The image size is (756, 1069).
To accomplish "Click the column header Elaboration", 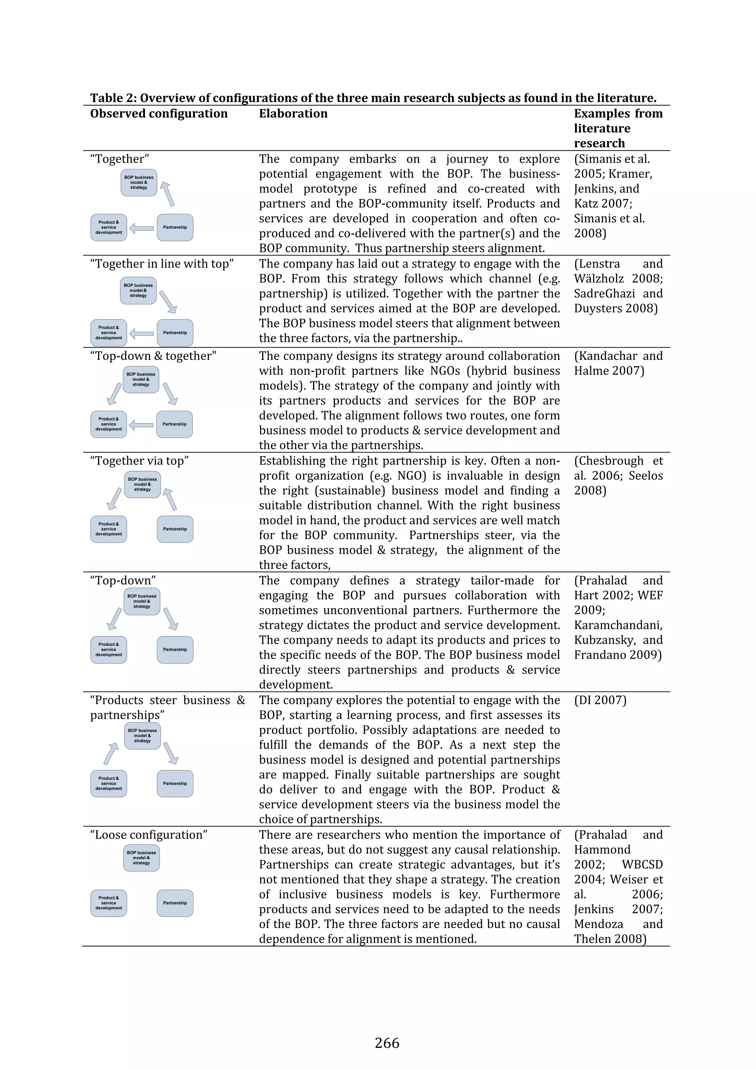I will pyautogui.click(x=293, y=114).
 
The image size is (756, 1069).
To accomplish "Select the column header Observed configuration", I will pyautogui.click(x=159, y=114).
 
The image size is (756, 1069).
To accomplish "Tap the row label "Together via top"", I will pyautogui.click(x=139, y=461).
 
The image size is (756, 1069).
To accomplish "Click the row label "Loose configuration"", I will pyautogui.click(x=149, y=835).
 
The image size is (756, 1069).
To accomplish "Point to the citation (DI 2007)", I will pyautogui.click(x=600, y=700).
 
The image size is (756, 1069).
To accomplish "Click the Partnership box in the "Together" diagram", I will pyautogui.click(x=175, y=227).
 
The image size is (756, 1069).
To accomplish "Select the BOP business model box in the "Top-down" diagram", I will pyautogui.click(x=142, y=601).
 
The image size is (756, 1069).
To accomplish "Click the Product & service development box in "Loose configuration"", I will pyautogui.click(x=109, y=903).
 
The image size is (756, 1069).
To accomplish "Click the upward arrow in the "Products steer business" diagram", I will pyautogui.click(x=111, y=754).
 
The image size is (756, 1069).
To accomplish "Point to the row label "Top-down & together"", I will pyautogui.click(x=153, y=356).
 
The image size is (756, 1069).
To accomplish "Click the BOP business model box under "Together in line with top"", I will pyautogui.click(x=138, y=290).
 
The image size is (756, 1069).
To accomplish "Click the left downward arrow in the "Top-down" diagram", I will pyautogui.click(x=114, y=618).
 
